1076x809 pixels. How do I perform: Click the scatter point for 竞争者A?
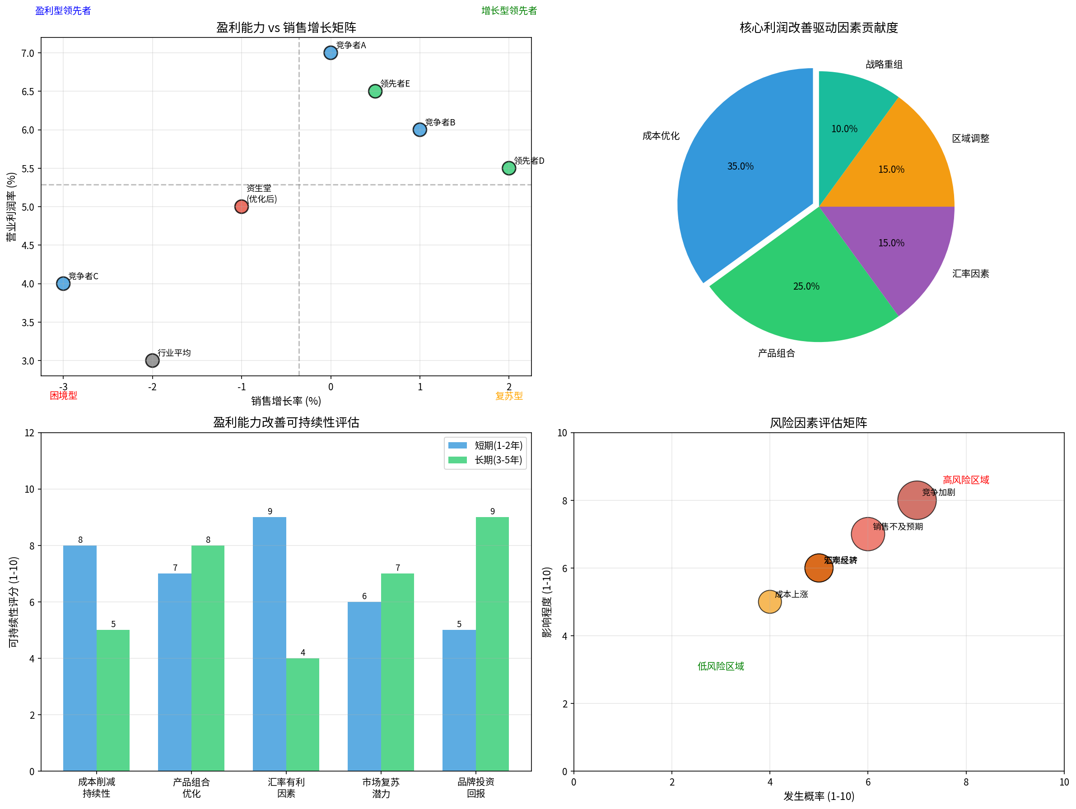pyautogui.click(x=330, y=52)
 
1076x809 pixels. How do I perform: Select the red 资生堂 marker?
pyautogui.click(x=241, y=207)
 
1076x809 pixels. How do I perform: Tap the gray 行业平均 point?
pyautogui.click(x=152, y=360)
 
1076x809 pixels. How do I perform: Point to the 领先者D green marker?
pyautogui.click(x=509, y=168)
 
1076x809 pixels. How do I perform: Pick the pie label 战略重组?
pyautogui.click(x=884, y=65)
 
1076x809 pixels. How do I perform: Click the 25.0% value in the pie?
pyautogui.click(x=806, y=287)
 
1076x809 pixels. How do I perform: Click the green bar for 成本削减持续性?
pyautogui.click(x=113, y=700)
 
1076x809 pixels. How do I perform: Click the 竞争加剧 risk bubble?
pyautogui.click(x=917, y=500)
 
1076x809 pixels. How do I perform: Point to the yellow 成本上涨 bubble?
pyautogui.click(x=769, y=602)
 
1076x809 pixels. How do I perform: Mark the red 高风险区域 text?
pyautogui.click(x=965, y=480)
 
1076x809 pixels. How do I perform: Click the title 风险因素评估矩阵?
pyautogui.click(x=818, y=422)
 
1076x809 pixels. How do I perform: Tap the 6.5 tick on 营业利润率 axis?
pyautogui.click(x=28, y=92)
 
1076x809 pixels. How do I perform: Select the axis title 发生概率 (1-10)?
pyautogui.click(x=818, y=796)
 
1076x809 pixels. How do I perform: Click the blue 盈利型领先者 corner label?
pyautogui.click(x=63, y=11)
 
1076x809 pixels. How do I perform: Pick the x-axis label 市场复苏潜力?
pyautogui.click(x=381, y=788)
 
